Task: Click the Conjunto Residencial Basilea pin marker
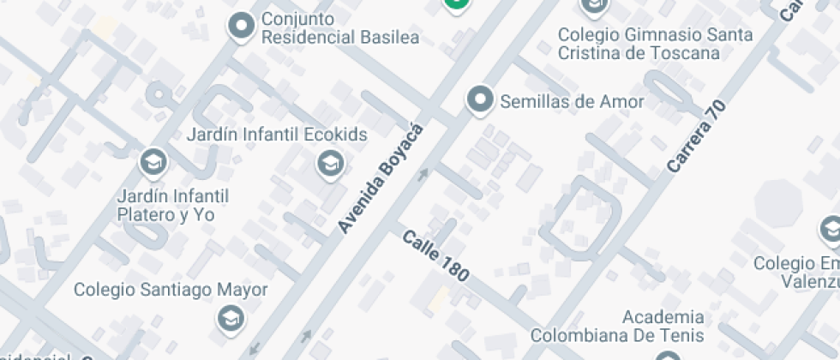coord(242,26)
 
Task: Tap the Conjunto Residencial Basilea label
coord(340,28)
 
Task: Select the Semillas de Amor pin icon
coord(481,100)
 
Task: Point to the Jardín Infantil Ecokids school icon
coord(329,162)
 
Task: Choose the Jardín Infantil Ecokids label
coord(277,135)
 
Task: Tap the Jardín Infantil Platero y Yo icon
coord(153,161)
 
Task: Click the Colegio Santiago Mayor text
coord(171,290)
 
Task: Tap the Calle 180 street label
coord(436,255)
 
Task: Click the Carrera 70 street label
coord(696,137)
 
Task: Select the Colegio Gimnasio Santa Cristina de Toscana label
coord(656,44)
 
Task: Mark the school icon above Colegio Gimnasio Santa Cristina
coord(593,5)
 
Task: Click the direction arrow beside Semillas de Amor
coord(422,175)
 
